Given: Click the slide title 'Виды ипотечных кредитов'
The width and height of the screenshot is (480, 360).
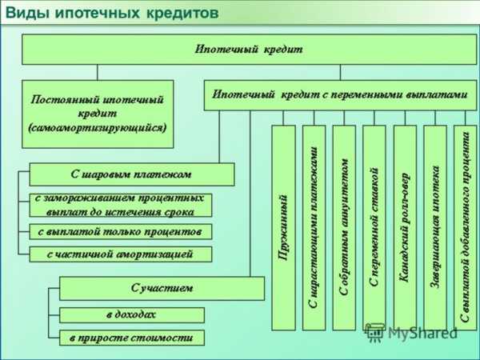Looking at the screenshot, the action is [112, 13].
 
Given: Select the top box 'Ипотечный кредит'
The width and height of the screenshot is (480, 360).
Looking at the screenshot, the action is [249, 50].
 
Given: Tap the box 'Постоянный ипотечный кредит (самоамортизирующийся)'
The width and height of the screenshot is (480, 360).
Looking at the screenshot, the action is [98, 114].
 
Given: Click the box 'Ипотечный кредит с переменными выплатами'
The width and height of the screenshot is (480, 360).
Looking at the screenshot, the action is [341, 95].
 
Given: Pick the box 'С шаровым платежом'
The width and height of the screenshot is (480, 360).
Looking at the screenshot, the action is [132, 174].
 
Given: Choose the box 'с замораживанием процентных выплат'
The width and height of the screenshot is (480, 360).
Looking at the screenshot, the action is [121, 205].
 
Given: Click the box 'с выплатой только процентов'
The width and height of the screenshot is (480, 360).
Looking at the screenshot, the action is [121, 232].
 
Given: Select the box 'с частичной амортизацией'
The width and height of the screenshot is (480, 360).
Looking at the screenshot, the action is [121, 254].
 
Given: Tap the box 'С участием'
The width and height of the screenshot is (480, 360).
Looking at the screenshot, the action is [162, 288].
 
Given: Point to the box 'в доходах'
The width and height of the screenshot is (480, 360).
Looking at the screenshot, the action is [132, 315].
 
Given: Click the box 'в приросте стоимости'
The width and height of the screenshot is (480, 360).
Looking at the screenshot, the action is [132, 338].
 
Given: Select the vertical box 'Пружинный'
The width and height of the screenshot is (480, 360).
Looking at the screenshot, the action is [283, 228].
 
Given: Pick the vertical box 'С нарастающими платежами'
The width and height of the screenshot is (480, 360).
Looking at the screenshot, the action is [314, 228].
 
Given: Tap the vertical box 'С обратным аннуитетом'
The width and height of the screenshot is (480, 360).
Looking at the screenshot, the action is [344, 228].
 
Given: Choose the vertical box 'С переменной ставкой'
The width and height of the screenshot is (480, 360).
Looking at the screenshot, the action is [374, 228].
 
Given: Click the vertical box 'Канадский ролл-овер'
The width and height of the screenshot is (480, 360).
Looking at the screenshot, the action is [405, 228].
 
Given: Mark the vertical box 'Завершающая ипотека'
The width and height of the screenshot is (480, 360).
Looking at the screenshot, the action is [435, 228].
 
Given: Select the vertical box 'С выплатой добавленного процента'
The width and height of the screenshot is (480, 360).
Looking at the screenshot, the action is [466, 228].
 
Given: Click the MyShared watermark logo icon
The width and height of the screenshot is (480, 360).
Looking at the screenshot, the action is [375, 333].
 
